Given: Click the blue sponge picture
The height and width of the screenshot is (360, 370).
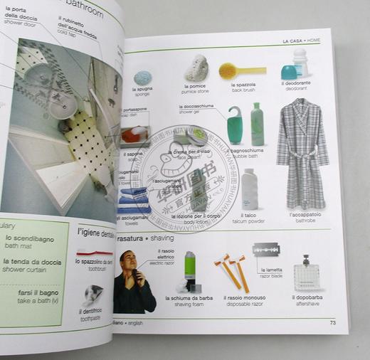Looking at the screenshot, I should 143,77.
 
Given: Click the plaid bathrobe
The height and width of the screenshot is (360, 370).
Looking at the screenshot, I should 302,153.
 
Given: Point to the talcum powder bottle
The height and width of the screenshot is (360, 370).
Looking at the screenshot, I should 250,190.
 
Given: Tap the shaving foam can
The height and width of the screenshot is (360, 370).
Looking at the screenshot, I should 190,267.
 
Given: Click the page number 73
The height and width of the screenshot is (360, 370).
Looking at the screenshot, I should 333,323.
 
